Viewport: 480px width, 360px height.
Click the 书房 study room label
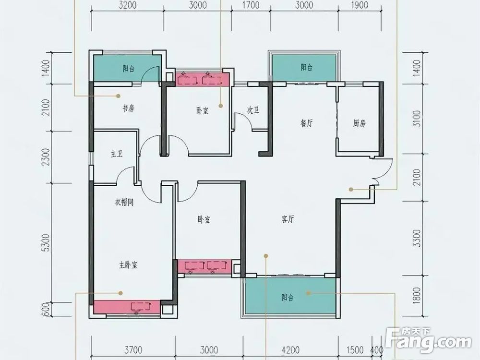tap(129, 108)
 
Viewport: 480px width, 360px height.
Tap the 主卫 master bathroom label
tap(117, 154)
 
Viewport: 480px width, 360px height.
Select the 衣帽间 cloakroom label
tap(124, 203)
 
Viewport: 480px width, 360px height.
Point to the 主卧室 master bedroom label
tap(128, 265)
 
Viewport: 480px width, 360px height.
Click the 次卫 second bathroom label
tap(253, 110)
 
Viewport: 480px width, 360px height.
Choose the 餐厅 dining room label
tap(306, 123)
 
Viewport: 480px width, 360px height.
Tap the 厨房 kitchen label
tap(359, 123)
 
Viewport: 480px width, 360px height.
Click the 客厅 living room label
tap(288, 219)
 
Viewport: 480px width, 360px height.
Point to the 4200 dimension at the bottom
tap(290, 349)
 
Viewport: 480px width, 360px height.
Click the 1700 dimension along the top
tap(251, 5)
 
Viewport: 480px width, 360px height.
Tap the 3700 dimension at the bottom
tap(133, 349)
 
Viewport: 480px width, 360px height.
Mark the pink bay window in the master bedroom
tap(127, 307)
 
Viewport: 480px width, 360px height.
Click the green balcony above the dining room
tap(304, 68)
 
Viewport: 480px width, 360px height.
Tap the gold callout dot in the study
tap(118, 96)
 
